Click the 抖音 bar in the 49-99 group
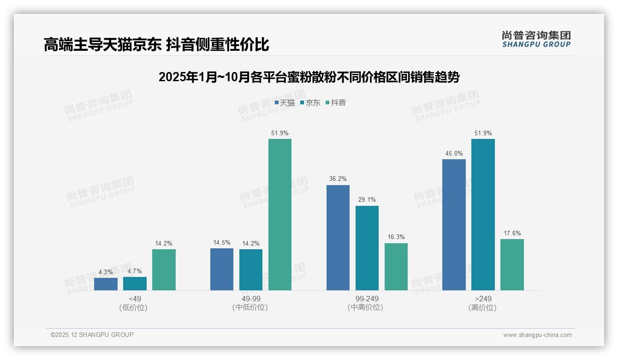point(280,215)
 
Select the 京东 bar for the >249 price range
point(483,215)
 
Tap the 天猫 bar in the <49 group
point(106,284)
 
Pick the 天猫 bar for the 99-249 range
point(338,238)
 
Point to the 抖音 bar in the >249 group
point(512,264)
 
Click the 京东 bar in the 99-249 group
point(367,248)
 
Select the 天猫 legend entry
point(285,102)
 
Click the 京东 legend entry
point(310,102)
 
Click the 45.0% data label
point(454,154)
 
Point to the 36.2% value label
point(338,179)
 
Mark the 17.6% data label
point(512,233)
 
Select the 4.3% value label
point(106,272)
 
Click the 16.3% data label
point(396,237)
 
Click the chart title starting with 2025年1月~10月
point(309,77)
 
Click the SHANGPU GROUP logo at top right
point(536,39)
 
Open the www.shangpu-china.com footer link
point(537,335)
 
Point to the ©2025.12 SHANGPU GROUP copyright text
point(92,335)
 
